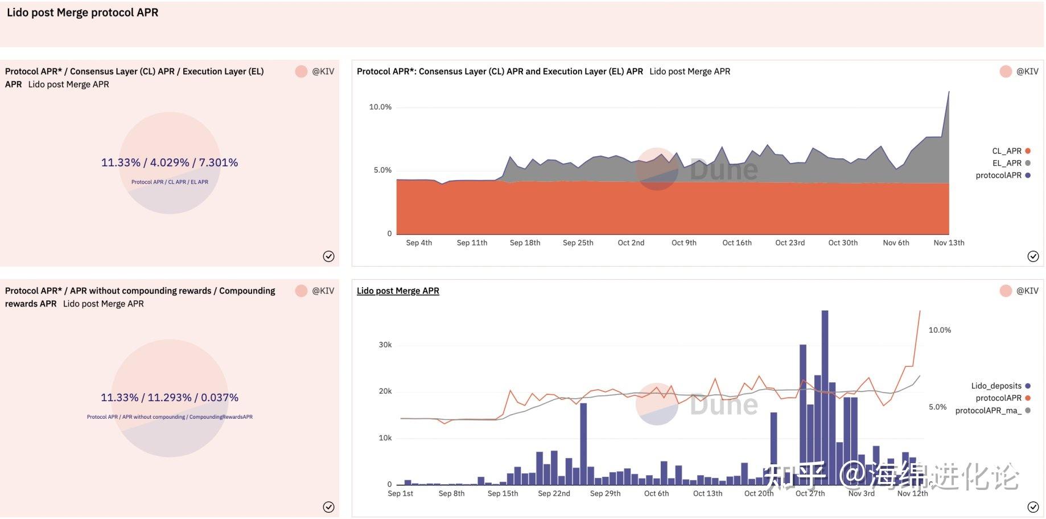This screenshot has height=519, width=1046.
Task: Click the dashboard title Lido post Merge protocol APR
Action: [x=83, y=13]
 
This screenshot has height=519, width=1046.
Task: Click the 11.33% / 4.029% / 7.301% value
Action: [x=170, y=162]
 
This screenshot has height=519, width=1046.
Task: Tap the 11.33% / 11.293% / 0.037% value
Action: [x=170, y=398]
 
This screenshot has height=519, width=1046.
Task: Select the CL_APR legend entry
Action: [x=1011, y=151]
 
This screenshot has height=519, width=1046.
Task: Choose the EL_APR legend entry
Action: [x=1011, y=163]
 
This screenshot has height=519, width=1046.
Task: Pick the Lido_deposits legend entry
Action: [x=1000, y=386]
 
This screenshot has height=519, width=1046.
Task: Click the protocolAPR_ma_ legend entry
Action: [x=993, y=410]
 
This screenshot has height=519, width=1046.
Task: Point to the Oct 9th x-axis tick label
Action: [x=683, y=243]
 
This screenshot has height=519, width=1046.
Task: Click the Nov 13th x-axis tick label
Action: [x=949, y=243]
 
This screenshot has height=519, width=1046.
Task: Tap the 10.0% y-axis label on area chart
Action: [x=380, y=107]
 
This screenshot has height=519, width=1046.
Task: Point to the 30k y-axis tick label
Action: [x=385, y=345]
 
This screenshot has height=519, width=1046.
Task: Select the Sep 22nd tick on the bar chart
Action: [x=554, y=493]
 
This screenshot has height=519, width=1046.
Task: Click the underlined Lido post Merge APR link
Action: [x=398, y=291]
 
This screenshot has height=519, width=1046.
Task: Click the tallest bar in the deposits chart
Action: [x=825, y=397]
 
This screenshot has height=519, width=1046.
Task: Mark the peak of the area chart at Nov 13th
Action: [x=949, y=91]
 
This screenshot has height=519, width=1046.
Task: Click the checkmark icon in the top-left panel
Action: [x=328, y=256]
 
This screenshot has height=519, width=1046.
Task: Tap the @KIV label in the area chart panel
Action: [x=1027, y=71]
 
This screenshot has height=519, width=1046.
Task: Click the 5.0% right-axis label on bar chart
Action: [x=937, y=407]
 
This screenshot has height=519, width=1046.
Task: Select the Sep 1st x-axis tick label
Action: [x=400, y=493]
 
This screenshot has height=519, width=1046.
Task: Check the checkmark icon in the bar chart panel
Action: [x=1033, y=507]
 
